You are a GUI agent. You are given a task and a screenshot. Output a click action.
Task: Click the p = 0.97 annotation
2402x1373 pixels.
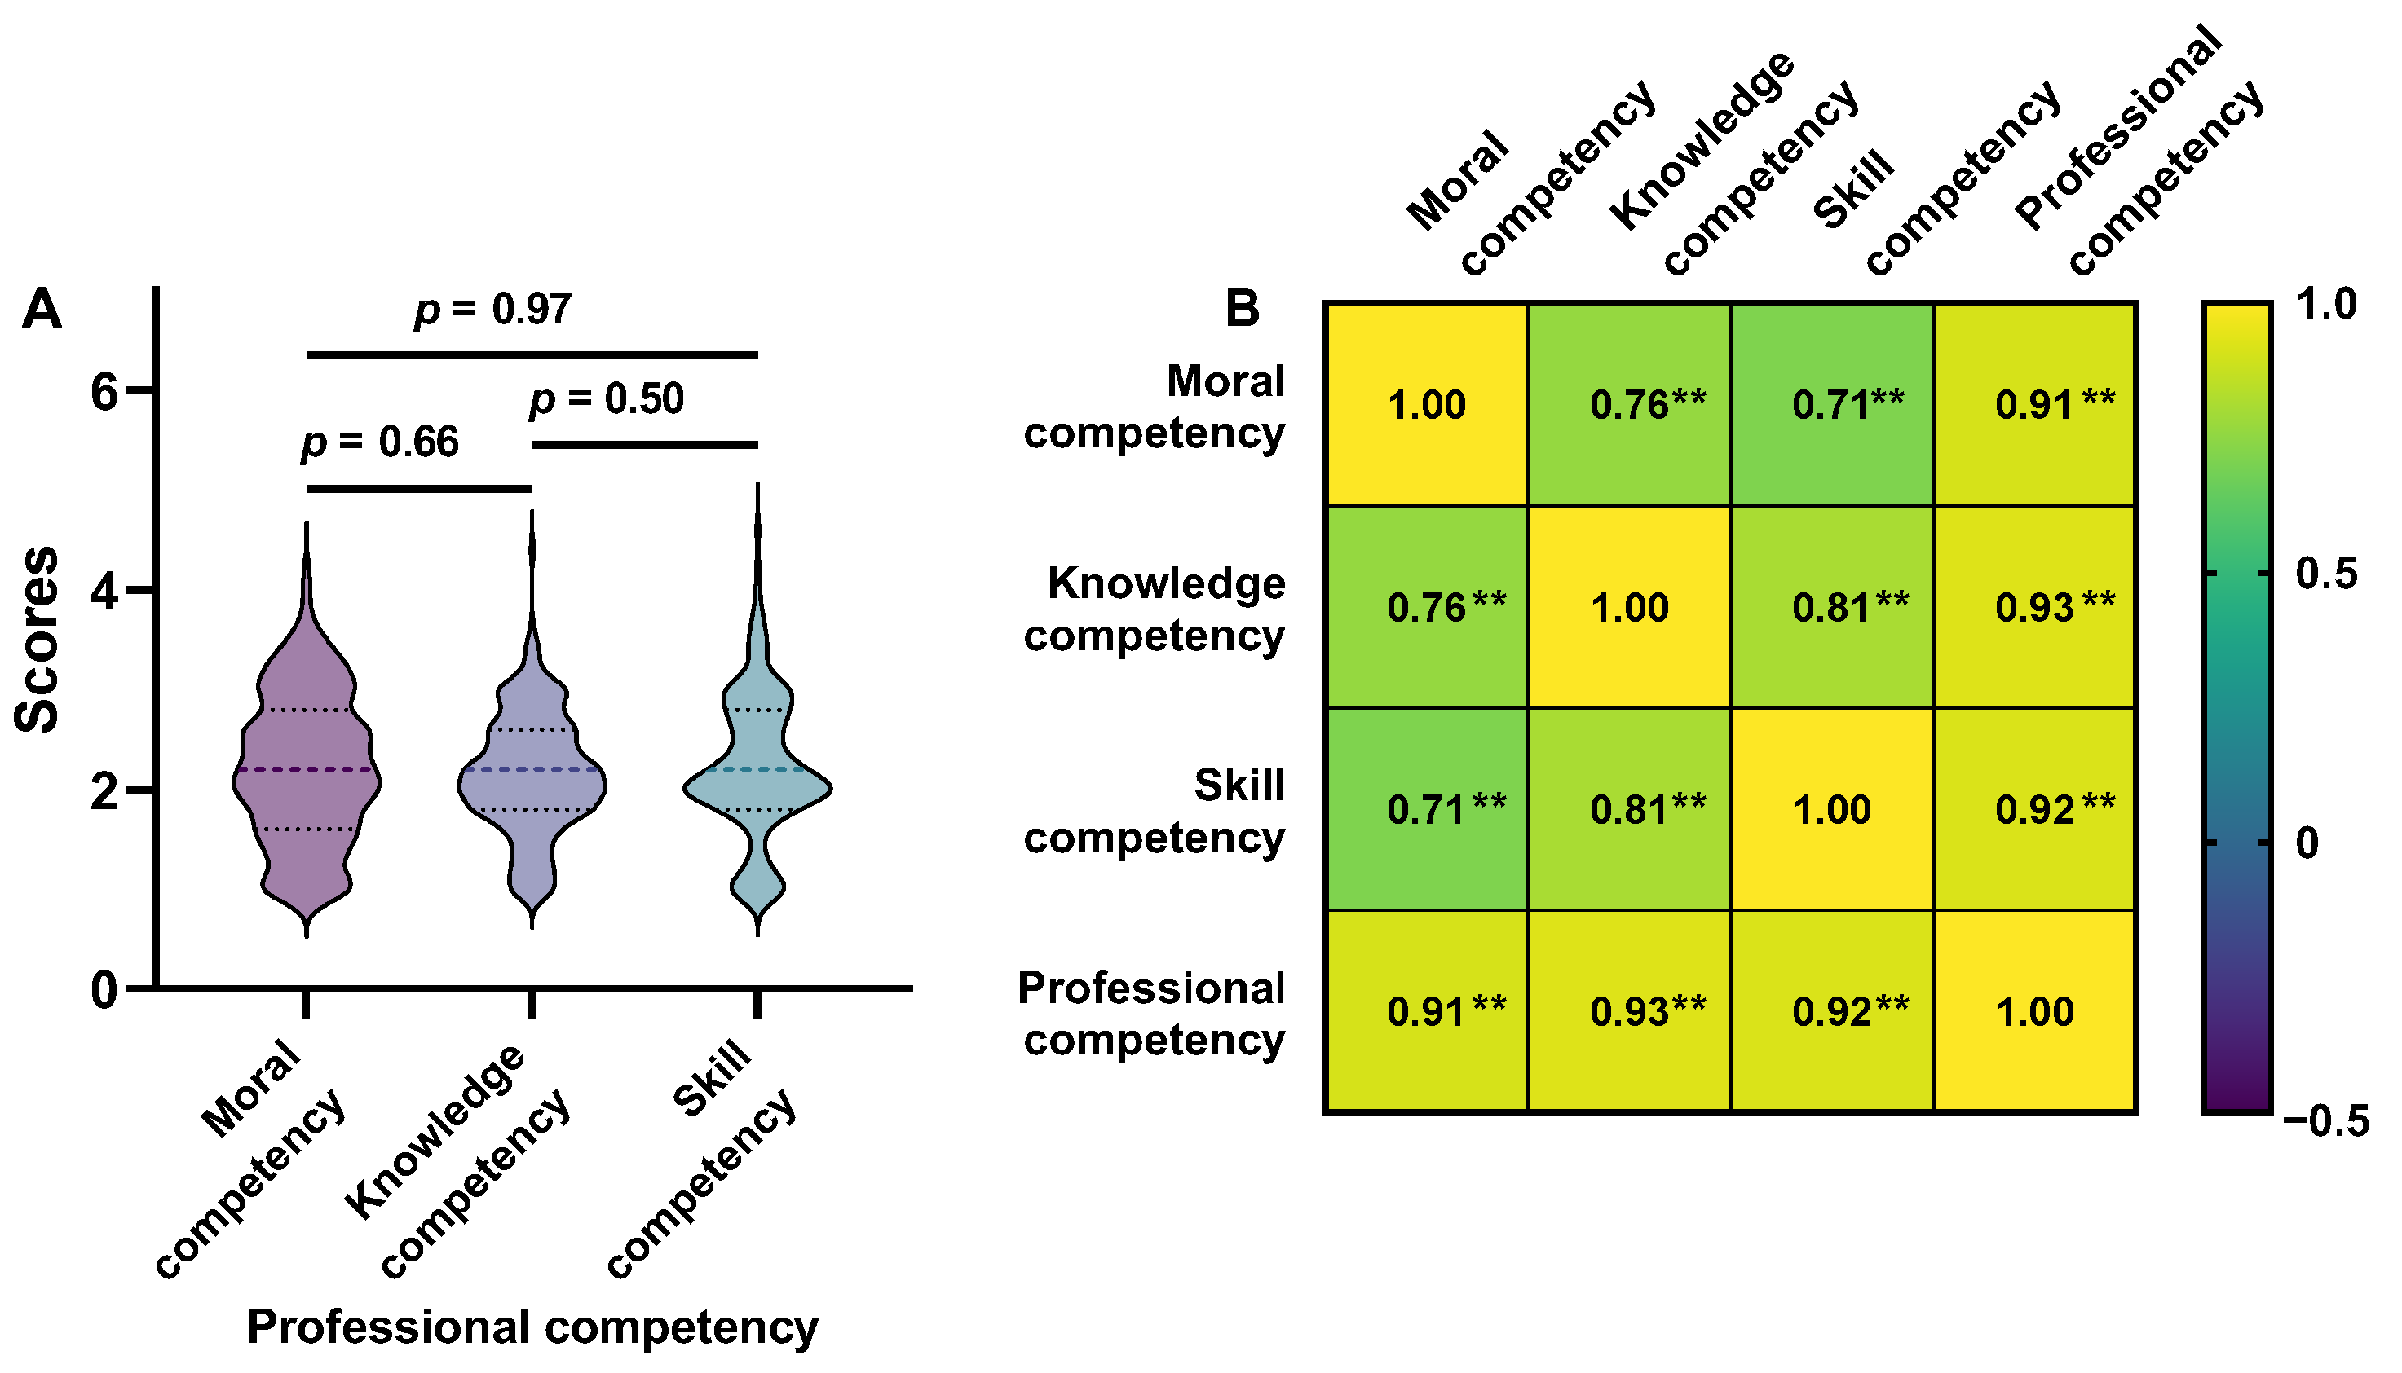pos(492,310)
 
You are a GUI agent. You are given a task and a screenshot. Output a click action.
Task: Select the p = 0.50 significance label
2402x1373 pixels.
pos(607,399)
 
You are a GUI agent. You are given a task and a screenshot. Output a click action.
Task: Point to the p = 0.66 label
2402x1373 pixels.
pos(380,442)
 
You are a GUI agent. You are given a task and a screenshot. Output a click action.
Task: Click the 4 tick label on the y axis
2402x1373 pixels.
pos(104,592)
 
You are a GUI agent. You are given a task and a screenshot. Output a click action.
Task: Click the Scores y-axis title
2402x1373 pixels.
pos(38,640)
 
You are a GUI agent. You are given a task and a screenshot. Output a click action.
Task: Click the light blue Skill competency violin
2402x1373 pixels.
pos(757,783)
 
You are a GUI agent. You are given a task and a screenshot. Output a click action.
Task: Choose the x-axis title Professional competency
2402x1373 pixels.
pos(532,1327)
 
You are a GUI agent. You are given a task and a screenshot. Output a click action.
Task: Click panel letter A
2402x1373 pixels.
pos(42,310)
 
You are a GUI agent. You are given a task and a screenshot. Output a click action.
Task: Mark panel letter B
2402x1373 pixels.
pos(1242,308)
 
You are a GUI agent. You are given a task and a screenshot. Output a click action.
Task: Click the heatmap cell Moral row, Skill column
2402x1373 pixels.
pos(1832,404)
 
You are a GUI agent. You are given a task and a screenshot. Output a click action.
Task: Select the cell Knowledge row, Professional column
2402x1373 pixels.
pos(2035,607)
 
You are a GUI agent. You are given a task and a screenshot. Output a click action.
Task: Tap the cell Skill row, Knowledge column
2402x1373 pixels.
pos(1629,809)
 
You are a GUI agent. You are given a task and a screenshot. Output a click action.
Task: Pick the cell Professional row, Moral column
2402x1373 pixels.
pos(1427,1012)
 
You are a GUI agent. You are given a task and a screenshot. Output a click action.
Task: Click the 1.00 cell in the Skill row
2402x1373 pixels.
pos(1832,809)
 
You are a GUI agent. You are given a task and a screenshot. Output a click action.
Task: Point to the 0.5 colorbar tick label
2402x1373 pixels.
pos(2325,574)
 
